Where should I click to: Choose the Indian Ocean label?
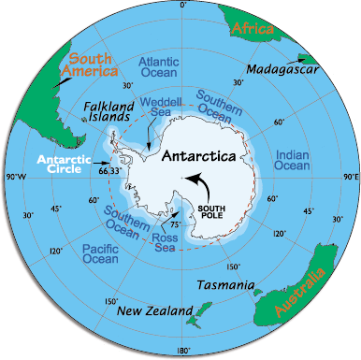coord(290,159)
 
